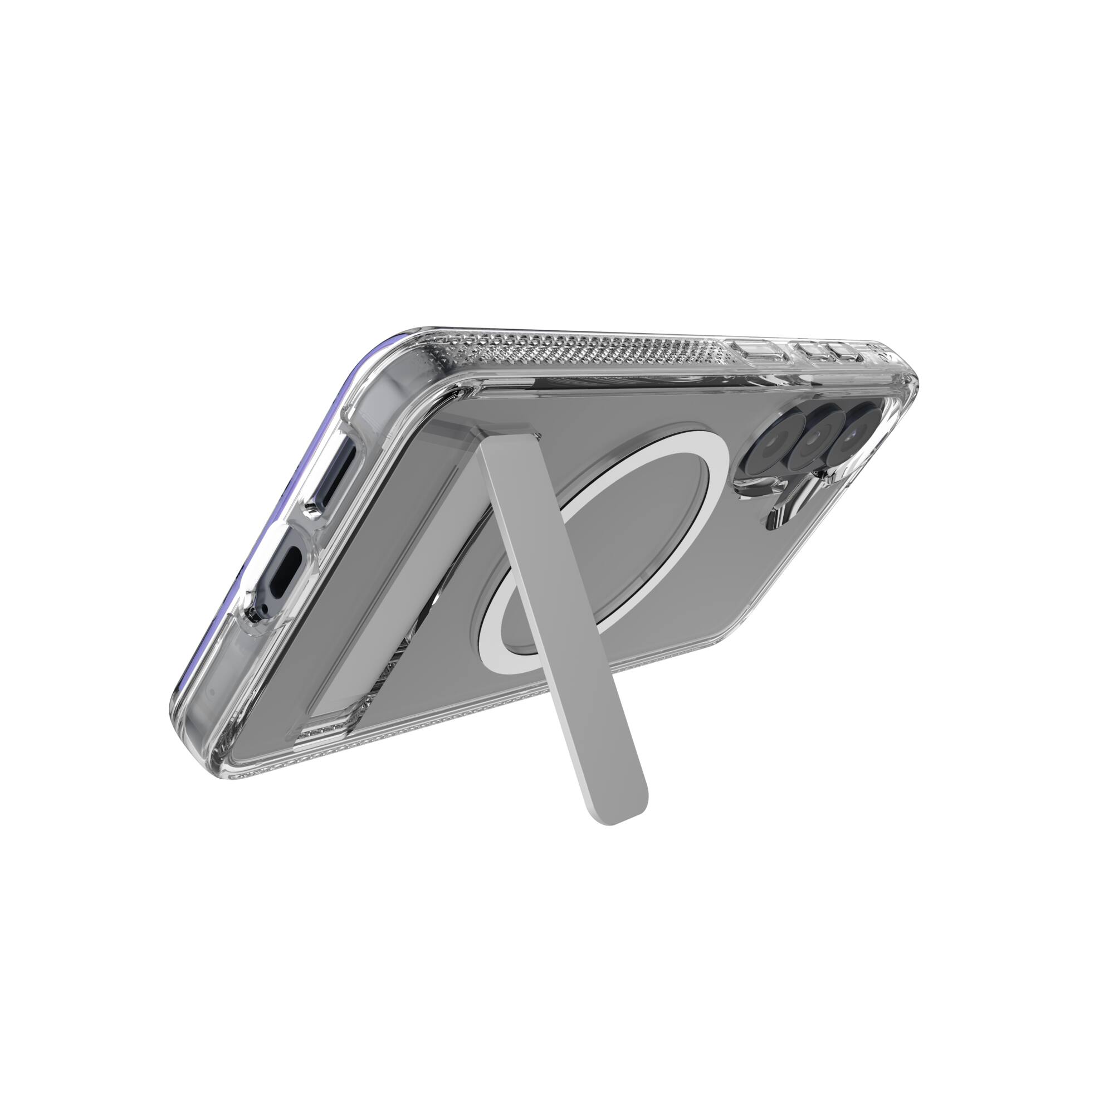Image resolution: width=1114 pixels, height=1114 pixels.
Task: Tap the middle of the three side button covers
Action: [x=810, y=348]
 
